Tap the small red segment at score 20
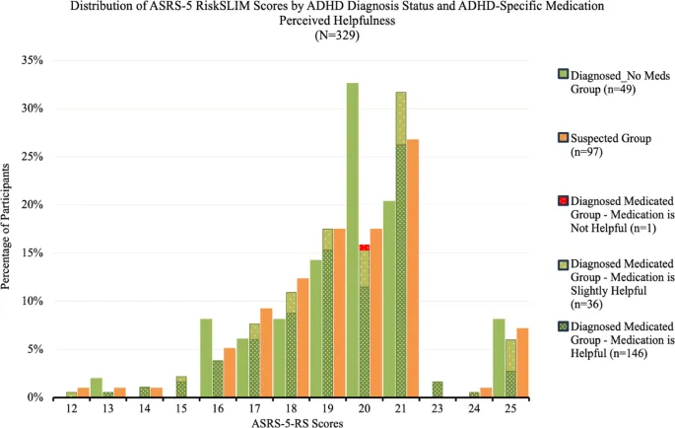click(x=365, y=248)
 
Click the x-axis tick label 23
click(x=462, y=407)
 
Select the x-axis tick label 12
click(x=100, y=407)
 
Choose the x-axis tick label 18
click(x=281, y=407)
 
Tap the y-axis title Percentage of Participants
click(x=9, y=229)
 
